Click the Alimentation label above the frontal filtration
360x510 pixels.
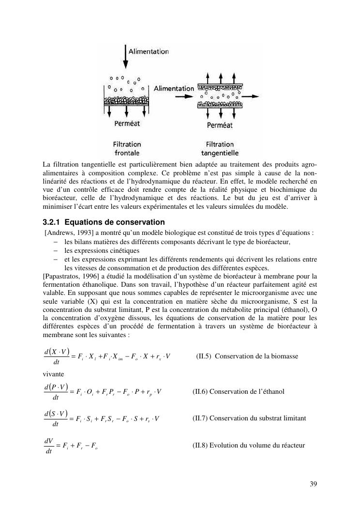(x=149, y=51)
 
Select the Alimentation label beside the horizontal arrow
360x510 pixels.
(x=174, y=89)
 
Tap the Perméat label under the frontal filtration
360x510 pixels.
(x=127, y=124)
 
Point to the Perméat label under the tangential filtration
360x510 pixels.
(x=220, y=125)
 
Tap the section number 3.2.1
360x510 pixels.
(x=52, y=222)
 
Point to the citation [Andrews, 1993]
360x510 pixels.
(x=67, y=232)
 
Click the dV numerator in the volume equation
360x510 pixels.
(x=48, y=440)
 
